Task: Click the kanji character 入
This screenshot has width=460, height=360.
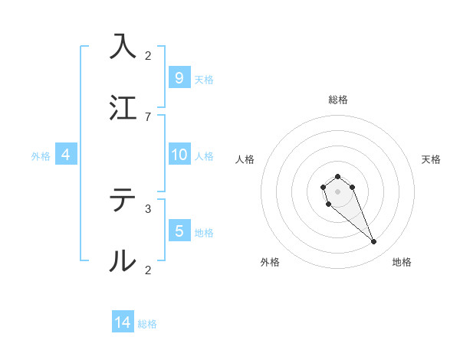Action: coord(123,45)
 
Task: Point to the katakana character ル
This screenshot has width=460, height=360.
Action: coord(123,261)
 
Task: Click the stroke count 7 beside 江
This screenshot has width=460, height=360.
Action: coord(148,116)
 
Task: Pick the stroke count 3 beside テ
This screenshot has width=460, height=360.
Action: coord(148,208)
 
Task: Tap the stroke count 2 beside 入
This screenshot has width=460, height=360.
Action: coord(148,55)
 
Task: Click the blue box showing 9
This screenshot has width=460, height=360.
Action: coord(179,77)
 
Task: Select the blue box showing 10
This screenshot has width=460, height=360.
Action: coord(179,155)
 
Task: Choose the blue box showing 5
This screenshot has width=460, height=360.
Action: coord(179,231)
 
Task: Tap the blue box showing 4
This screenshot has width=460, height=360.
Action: coord(66,155)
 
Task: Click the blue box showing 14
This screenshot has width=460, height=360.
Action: coord(123,322)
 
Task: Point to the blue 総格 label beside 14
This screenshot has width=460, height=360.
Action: coord(147,324)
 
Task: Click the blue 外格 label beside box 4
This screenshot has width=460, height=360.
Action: coord(41,156)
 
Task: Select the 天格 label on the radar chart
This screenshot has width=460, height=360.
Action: coord(431,159)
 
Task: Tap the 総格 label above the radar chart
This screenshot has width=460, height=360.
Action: coord(338,100)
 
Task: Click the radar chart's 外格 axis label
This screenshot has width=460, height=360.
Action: coord(269,262)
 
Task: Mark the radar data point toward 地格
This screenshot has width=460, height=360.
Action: coord(374,242)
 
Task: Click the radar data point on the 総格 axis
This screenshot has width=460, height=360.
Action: coord(337,177)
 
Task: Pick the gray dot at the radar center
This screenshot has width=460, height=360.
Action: coord(337,191)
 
